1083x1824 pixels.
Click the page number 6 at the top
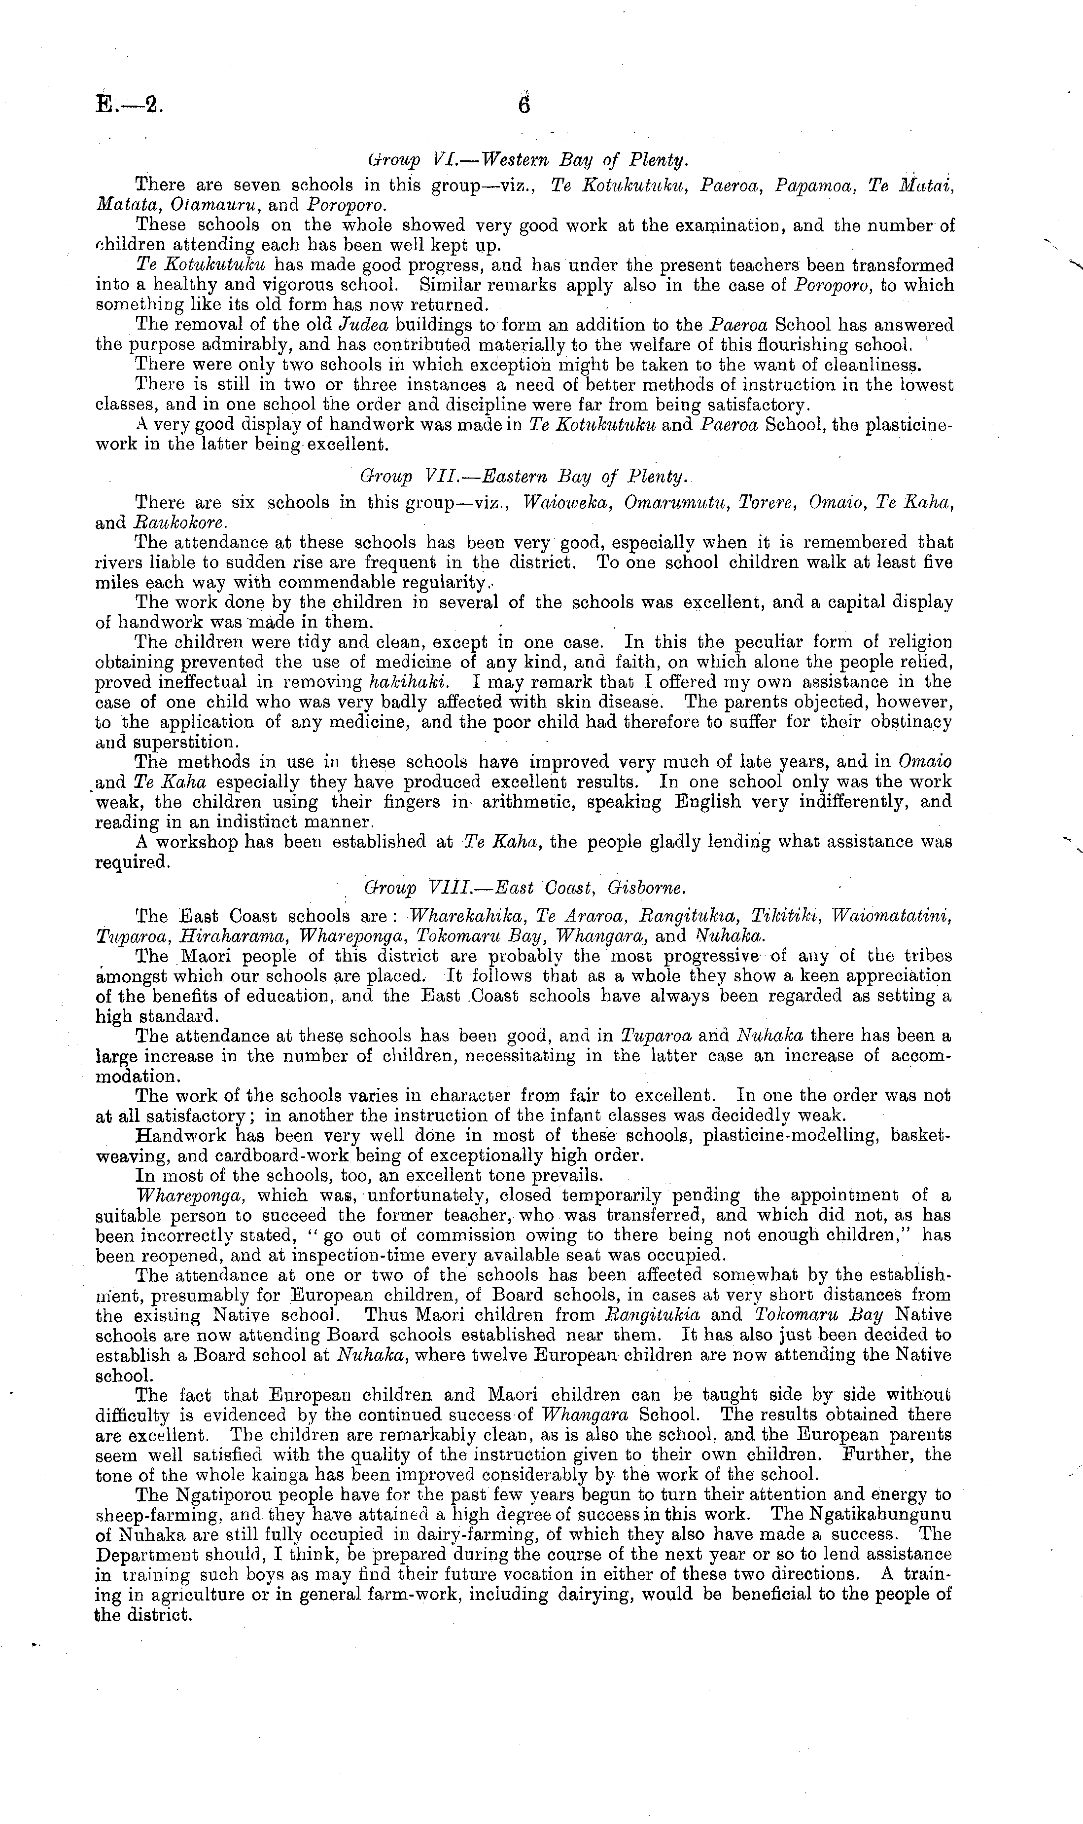[524, 105]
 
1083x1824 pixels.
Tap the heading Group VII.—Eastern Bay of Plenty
[523, 478]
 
